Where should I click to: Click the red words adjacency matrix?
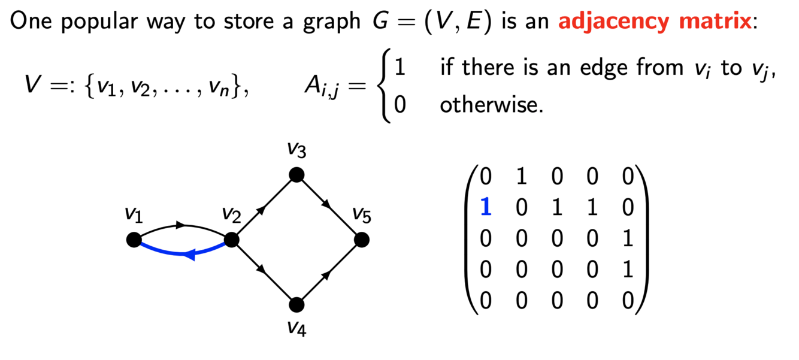tap(654, 22)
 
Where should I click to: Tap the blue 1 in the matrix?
tap(486, 207)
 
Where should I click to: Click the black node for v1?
tap(134, 240)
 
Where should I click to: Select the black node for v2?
tap(232, 240)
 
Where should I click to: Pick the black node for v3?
tap(296, 175)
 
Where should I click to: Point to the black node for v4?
tap(296, 305)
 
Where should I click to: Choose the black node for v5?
tap(361, 240)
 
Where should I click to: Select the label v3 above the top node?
tap(296, 150)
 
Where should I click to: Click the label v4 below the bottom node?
tap(296, 328)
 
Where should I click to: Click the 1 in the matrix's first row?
tap(521, 176)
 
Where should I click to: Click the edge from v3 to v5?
tap(328, 207)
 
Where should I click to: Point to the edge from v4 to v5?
tap(328, 273)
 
